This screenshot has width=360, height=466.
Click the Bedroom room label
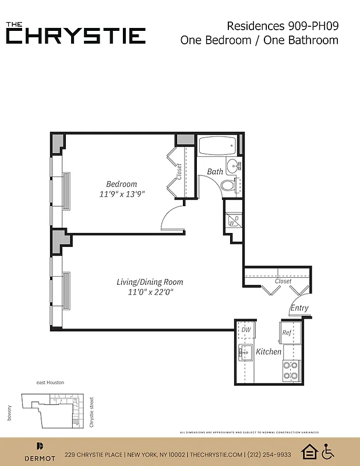[121, 184]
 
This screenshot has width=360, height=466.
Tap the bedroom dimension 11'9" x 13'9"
[121, 195]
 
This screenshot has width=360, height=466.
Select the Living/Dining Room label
[145, 282]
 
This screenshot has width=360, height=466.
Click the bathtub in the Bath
[216, 145]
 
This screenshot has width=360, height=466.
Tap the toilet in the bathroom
[228, 186]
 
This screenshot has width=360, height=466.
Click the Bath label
[215, 171]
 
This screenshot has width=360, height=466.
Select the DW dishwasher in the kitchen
[245, 330]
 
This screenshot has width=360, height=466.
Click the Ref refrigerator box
[287, 333]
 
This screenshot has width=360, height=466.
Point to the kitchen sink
[243, 352]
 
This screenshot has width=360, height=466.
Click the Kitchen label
[269, 352]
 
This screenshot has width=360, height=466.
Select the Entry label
[299, 308]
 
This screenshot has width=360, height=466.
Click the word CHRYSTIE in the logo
[76, 35]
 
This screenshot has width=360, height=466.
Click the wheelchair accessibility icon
[328, 451]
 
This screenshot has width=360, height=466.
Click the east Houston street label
[50, 382]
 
